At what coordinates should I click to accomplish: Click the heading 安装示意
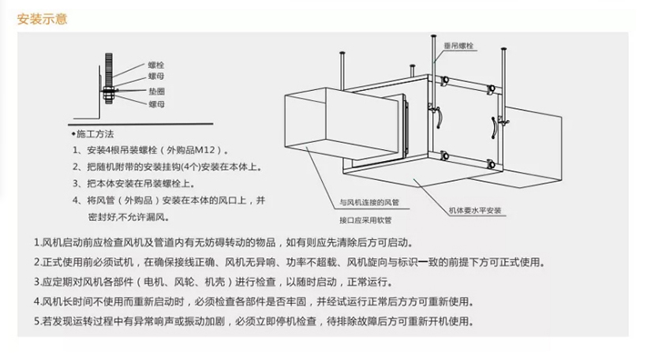42,19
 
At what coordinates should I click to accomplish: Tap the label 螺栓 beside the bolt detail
156,66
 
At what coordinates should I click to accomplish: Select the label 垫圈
157,92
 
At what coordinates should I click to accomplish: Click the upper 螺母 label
156,77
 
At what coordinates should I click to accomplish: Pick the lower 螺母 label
156,104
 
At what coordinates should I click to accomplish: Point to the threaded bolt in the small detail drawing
109,78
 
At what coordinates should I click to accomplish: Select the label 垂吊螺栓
458,46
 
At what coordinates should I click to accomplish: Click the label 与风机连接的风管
369,203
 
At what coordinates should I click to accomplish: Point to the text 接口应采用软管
365,220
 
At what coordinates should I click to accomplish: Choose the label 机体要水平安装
475,211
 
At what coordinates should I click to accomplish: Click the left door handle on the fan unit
439,117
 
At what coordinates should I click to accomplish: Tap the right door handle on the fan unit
494,128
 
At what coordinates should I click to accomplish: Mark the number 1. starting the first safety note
38,242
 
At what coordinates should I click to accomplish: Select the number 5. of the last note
38,321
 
